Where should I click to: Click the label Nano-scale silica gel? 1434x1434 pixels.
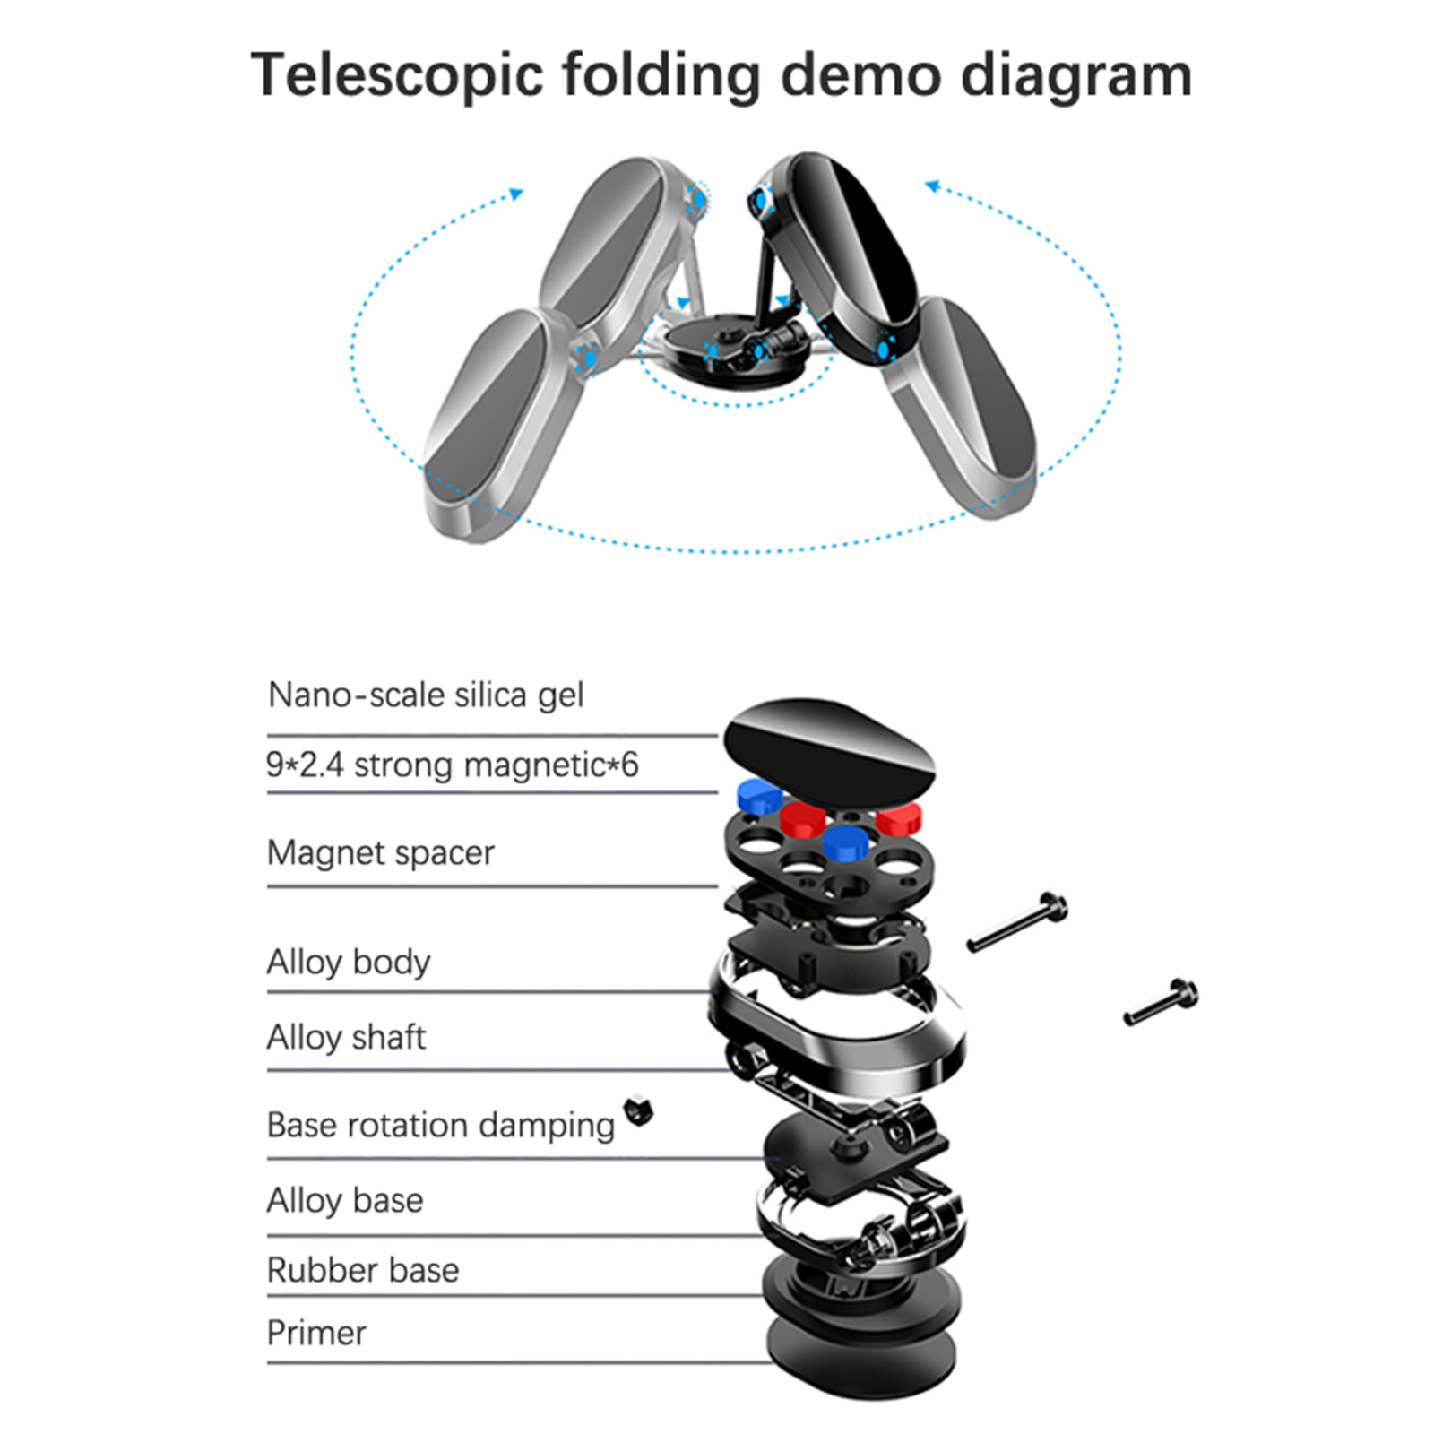point(426,695)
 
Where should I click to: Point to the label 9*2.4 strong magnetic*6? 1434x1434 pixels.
point(452,765)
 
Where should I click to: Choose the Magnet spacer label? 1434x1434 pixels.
point(380,852)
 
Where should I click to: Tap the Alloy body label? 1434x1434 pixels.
point(349,962)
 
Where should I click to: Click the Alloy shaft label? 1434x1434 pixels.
point(346,1037)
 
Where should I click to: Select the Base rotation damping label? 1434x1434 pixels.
point(440,1125)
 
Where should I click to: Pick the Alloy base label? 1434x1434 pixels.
point(345,1200)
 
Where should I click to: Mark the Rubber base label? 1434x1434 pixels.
point(363,1270)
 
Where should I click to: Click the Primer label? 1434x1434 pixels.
point(316,1333)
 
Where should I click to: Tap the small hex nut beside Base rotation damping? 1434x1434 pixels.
point(639,1110)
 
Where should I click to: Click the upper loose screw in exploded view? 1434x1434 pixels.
point(1017,922)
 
